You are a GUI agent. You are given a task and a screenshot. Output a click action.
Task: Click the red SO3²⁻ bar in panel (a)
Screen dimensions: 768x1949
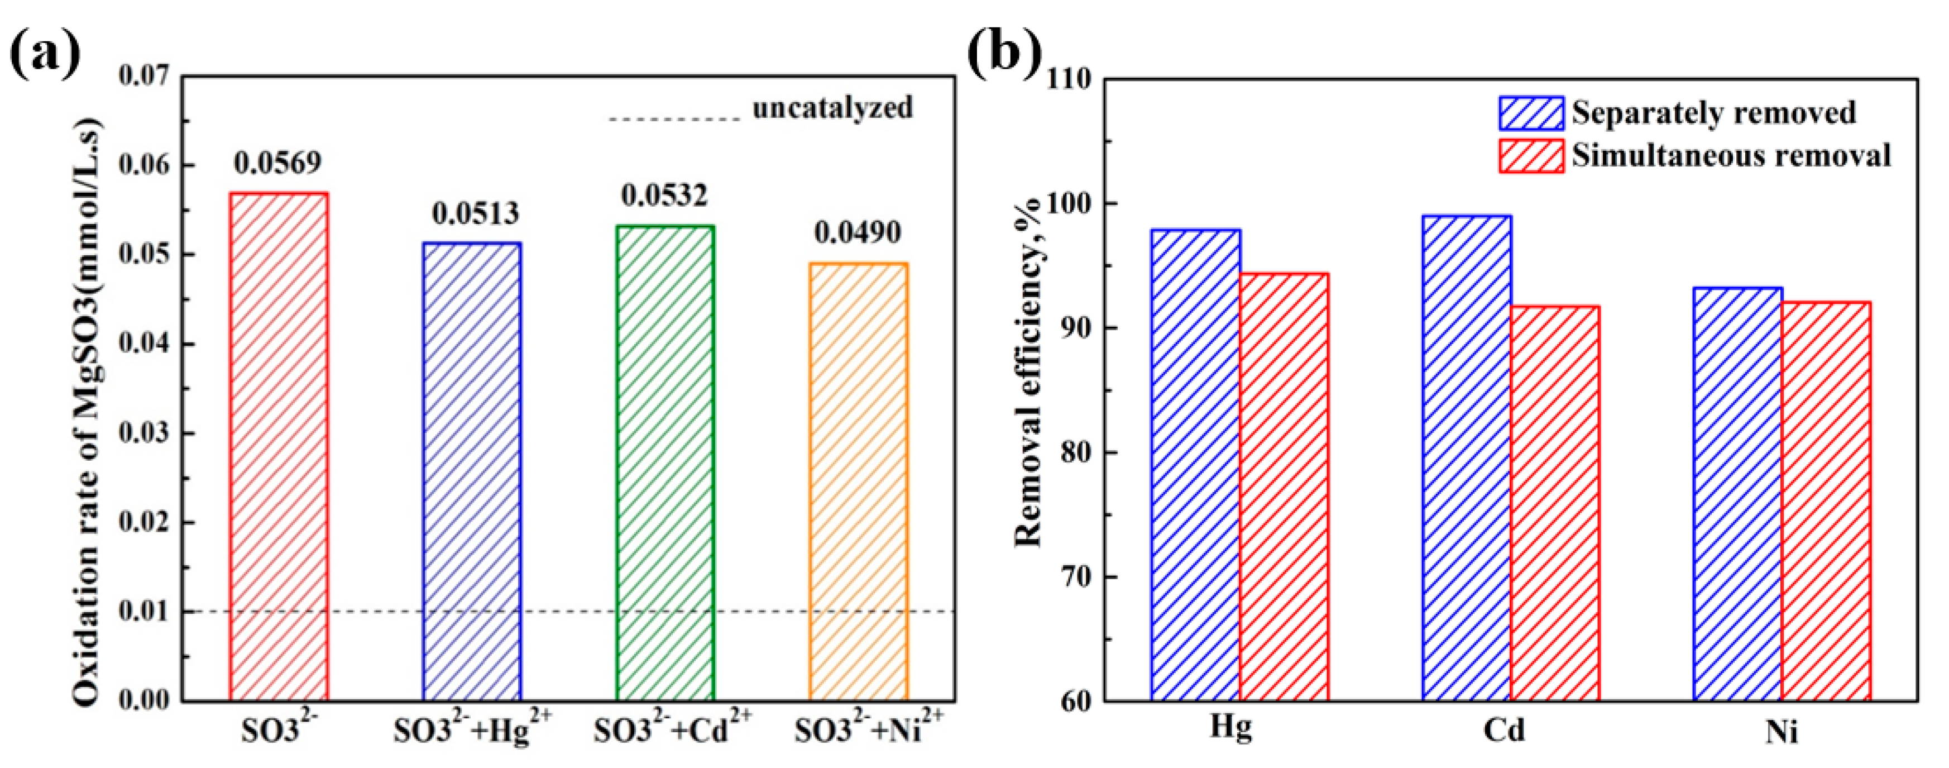pos(279,446)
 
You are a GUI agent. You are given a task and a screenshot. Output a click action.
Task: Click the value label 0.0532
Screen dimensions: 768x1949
pos(664,196)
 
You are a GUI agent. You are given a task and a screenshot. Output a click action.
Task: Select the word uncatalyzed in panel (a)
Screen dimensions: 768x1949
pos(832,108)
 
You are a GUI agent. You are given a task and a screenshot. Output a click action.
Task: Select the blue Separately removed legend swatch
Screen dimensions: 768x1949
pos(1531,113)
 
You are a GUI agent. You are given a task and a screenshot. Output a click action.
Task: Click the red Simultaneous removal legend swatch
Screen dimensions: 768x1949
pos(1531,156)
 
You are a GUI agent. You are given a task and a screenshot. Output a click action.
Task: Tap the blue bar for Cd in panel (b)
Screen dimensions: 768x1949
pos(1467,458)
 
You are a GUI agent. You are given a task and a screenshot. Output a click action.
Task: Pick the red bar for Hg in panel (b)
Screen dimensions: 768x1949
pos(1284,486)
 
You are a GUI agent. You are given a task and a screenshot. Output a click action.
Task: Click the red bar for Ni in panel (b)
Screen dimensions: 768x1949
pos(1826,501)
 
